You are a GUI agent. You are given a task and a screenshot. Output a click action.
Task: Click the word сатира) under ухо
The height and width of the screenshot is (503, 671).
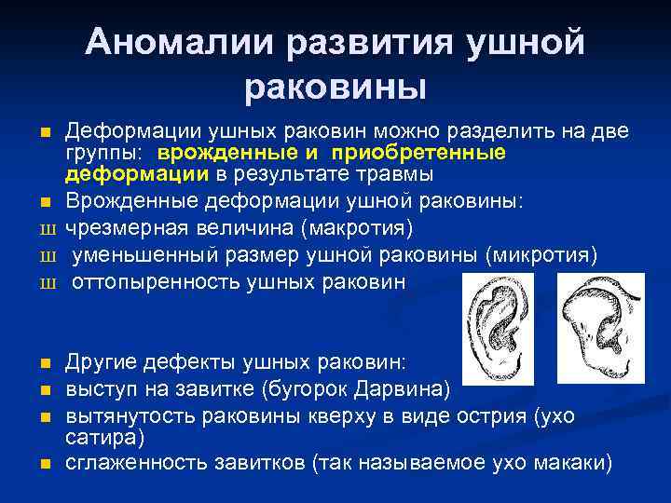pyautogui.click(x=101, y=436)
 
